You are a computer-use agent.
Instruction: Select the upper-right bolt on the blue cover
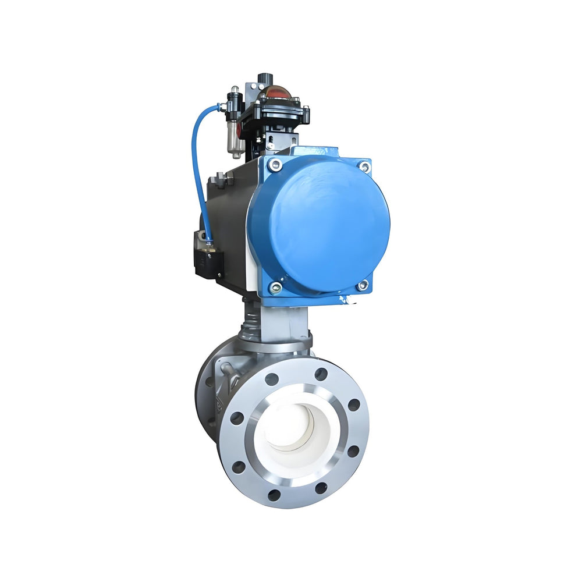click(364, 167)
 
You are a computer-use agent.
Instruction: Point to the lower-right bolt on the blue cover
click(362, 285)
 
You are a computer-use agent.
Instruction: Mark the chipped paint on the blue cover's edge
click(347, 300)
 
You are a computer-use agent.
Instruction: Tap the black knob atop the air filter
click(235, 94)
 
